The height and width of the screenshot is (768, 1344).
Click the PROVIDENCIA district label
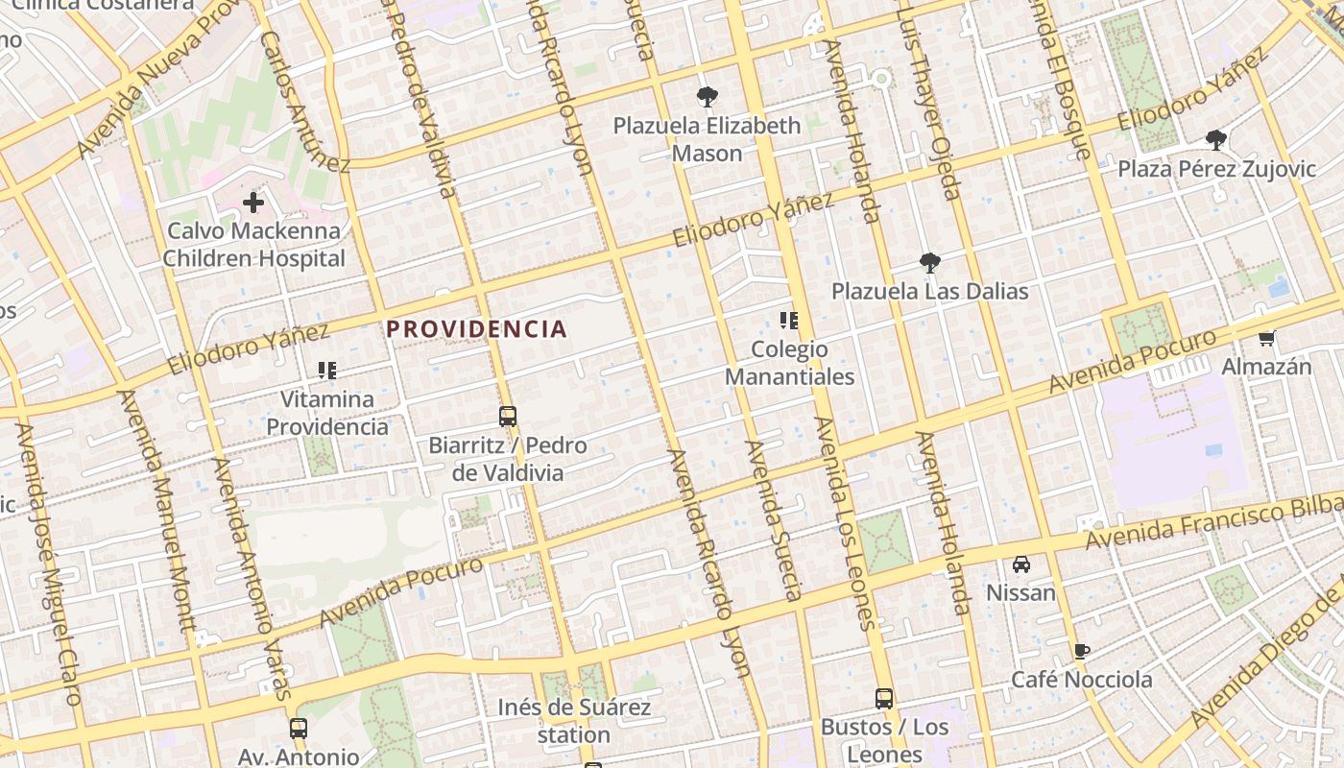coord(476,329)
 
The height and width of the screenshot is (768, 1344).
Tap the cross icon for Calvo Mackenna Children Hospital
coord(253,203)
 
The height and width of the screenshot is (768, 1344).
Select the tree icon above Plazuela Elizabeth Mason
coord(707,97)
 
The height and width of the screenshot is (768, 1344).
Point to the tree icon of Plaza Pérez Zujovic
coord(1216,140)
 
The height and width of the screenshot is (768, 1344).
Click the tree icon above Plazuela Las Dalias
coord(929,263)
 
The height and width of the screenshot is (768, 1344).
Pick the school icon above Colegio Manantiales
coord(789,321)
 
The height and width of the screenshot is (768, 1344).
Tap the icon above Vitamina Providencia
coord(326,371)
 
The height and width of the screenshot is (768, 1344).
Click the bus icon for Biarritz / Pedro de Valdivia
coord(508,417)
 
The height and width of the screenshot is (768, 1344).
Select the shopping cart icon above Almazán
coord(1266,338)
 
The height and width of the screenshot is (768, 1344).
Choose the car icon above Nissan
coord(1021,564)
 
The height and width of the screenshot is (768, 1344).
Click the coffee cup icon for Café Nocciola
coord(1082,652)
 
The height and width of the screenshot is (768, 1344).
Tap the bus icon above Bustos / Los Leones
coord(884,699)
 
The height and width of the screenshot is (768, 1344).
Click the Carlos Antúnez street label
coord(303,101)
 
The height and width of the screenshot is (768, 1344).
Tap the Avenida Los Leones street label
coord(845,523)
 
